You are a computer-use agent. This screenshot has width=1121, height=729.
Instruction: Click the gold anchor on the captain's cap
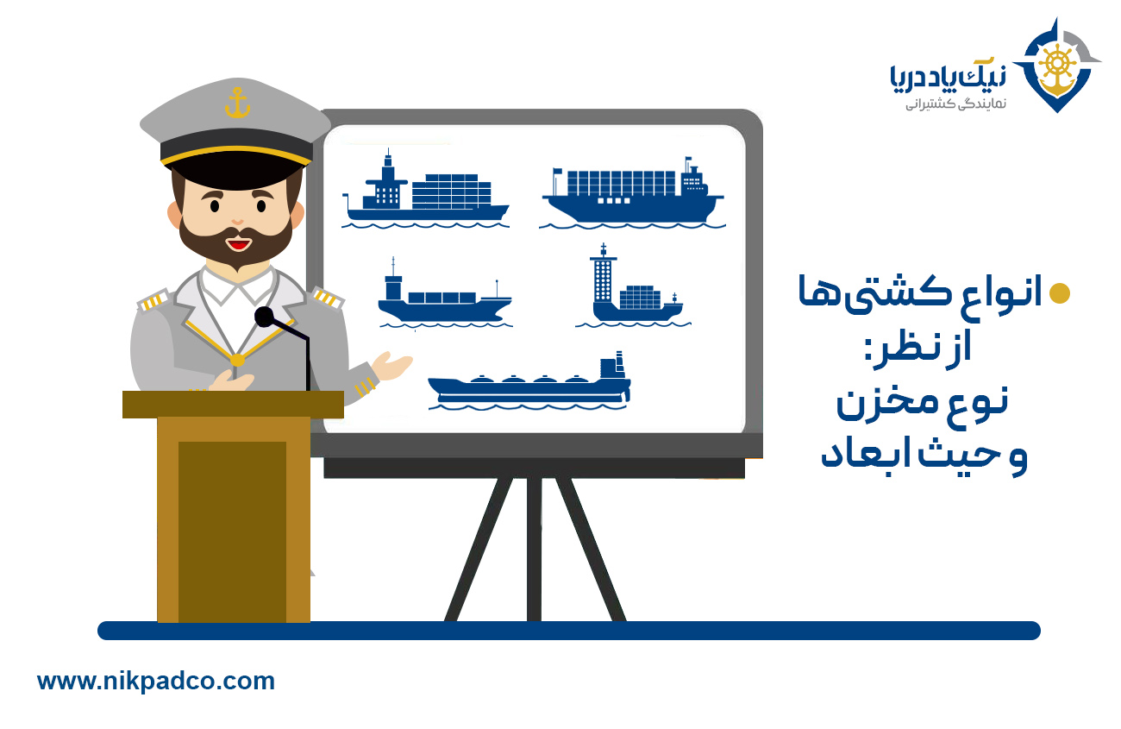click(x=237, y=103)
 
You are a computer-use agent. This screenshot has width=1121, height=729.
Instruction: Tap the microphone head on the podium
click(x=264, y=317)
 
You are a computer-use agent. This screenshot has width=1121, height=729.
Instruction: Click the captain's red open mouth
click(x=238, y=245)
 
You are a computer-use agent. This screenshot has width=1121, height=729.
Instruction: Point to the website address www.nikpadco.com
click(x=156, y=682)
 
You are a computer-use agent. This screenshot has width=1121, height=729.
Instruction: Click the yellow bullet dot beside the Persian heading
click(x=1060, y=293)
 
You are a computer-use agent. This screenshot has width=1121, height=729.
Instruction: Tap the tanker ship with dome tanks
click(x=529, y=381)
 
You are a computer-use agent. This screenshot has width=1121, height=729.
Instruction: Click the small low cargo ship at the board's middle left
click(x=445, y=294)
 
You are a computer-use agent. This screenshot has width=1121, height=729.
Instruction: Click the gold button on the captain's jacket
click(x=237, y=360)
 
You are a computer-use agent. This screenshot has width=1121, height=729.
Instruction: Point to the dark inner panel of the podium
click(x=232, y=531)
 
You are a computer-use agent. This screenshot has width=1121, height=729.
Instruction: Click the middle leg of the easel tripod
click(x=534, y=550)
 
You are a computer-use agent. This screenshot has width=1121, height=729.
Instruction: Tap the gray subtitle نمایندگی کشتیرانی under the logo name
click(x=955, y=104)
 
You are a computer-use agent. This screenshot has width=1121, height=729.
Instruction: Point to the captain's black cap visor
click(x=237, y=169)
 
